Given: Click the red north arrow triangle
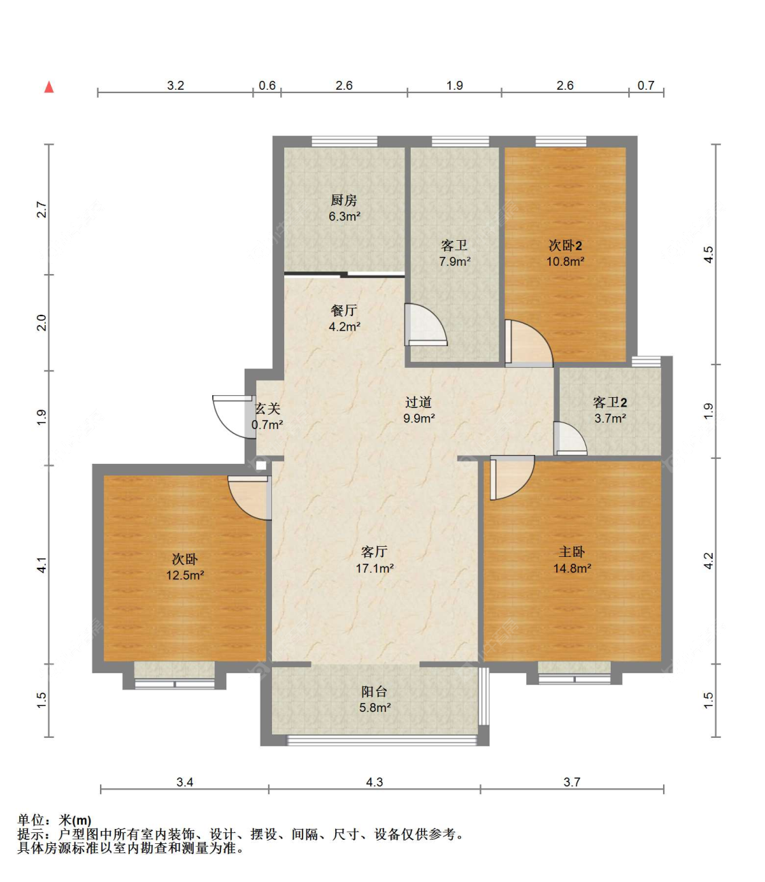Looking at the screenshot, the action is (x=49, y=87).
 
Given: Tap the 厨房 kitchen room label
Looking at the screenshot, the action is (x=343, y=200).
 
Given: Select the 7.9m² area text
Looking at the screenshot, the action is (x=455, y=261).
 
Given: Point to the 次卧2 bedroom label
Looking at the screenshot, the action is (x=565, y=245).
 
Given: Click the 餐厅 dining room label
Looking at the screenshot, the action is (x=343, y=310).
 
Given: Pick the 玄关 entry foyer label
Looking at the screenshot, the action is (x=268, y=408).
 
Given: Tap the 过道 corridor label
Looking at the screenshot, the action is (x=418, y=402).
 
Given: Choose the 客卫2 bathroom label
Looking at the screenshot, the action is (x=610, y=402).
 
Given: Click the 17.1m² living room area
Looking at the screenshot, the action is (x=375, y=569).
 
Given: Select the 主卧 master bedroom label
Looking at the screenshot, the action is (x=571, y=552).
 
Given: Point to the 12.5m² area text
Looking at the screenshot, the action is (x=185, y=575).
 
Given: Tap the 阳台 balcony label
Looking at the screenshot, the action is (x=374, y=692).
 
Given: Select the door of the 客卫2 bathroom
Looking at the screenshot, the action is (x=570, y=438).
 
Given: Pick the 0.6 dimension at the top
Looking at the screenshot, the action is (x=267, y=86).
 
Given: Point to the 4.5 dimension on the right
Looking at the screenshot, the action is (x=708, y=254).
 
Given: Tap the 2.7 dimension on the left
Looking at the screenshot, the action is (x=41, y=209).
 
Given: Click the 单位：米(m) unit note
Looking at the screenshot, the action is (x=54, y=820).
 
